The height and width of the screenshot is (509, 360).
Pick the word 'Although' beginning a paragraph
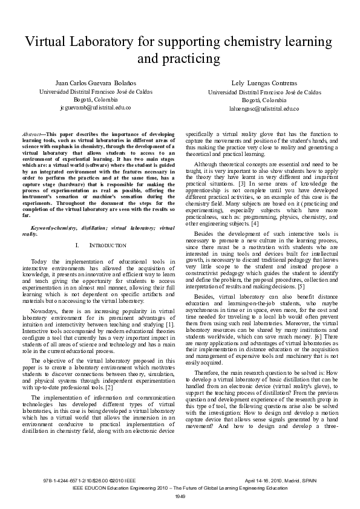(208, 163)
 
